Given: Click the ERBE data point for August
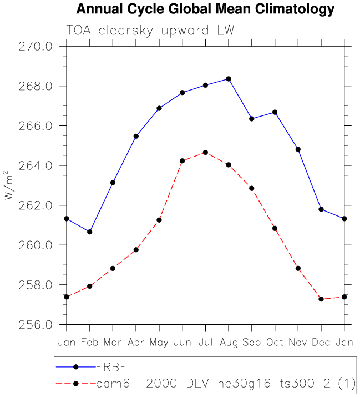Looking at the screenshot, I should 229,79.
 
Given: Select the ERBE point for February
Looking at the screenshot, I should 90,232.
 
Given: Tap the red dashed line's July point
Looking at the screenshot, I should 205,152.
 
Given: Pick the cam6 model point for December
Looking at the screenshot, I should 321,299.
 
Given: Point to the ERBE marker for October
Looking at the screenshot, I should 275,112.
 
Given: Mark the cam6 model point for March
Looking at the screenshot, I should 113,268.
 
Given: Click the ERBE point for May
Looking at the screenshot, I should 159,108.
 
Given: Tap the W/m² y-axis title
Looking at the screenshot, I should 8,185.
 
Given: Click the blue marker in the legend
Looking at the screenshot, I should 76,366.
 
